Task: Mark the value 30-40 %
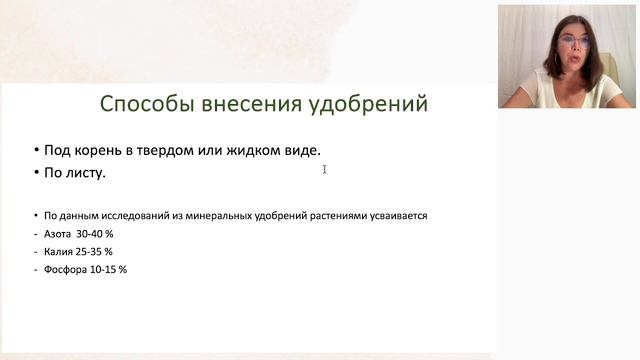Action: point(96,233)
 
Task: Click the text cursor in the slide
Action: point(325,169)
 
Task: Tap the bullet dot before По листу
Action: point(35,172)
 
